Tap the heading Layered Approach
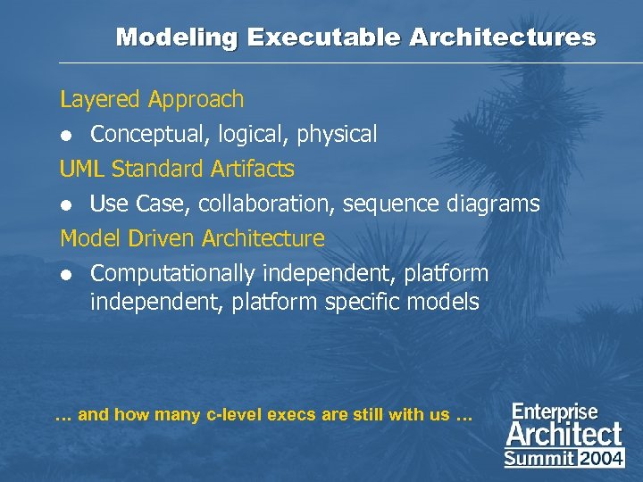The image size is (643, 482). click(x=151, y=99)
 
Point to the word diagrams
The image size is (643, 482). click(x=495, y=204)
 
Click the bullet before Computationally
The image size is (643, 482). click(x=65, y=274)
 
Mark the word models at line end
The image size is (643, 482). click(x=445, y=303)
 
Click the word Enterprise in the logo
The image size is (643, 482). click(x=555, y=412)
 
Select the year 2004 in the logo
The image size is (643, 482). click(x=601, y=459)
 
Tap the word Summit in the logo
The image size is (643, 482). click(x=539, y=459)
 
